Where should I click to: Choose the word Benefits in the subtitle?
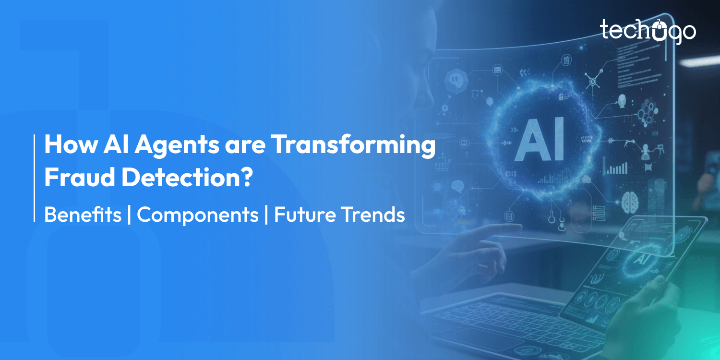[83, 215]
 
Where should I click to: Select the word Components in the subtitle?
[198, 215]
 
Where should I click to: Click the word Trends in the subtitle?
[372, 215]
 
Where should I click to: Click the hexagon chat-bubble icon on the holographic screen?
[454, 80]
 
